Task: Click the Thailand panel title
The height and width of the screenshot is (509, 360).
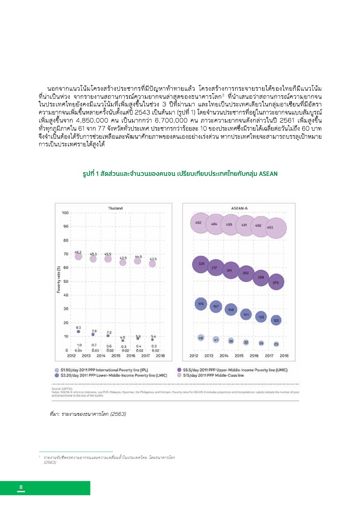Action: click(115, 208)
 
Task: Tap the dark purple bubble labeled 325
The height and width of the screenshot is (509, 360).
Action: click(201, 264)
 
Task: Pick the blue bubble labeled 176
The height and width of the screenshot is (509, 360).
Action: click(201, 304)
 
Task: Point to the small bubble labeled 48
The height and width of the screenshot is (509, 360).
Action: click(201, 338)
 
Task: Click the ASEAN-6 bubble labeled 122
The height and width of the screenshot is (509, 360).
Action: click(276, 321)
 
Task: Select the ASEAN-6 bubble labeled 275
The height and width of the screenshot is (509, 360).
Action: click(276, 282)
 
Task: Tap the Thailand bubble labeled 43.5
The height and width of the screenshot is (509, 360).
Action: click(152, 263)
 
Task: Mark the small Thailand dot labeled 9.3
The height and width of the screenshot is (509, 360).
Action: click(78, 332)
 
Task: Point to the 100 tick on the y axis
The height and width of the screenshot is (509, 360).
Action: click(65, 213)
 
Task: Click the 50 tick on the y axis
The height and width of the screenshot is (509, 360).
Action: click(65, 282)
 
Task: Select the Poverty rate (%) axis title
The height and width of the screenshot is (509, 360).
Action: click(59, 282)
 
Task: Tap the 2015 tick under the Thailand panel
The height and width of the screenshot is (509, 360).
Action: click(115, 356)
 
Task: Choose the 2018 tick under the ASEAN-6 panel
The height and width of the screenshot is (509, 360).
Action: click(284, 356)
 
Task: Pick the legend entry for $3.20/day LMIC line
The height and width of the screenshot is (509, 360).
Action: click(111, 375)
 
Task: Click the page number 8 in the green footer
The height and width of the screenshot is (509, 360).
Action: click(21, 488)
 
